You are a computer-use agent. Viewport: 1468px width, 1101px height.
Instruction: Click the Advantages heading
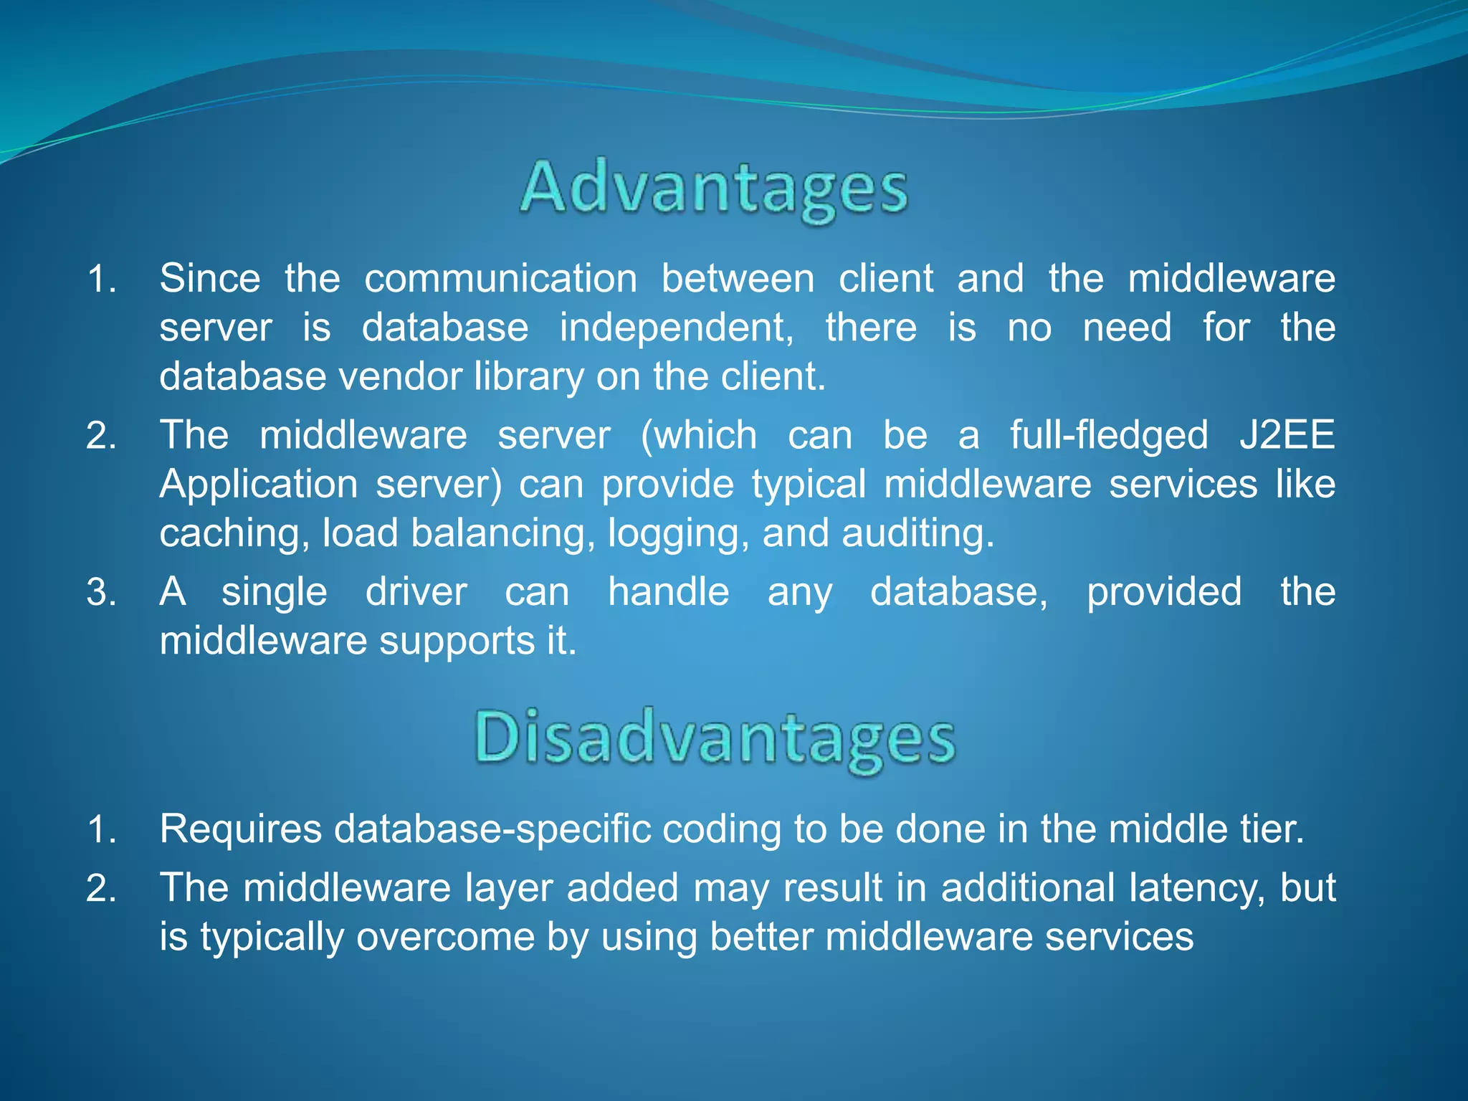714,188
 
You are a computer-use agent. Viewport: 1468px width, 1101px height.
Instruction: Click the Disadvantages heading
714,738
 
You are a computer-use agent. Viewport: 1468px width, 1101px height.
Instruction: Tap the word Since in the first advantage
209,278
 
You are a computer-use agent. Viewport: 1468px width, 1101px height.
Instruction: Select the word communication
500,278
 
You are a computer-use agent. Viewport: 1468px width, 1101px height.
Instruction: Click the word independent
676,328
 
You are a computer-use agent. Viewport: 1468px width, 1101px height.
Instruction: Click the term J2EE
1287,435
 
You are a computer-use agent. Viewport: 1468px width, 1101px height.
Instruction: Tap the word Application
258,485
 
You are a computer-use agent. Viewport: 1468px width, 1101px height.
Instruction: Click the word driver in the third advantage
416,592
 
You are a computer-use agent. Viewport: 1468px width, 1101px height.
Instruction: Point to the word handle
668,592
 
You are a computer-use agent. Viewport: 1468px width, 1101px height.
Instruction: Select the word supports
457,642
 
